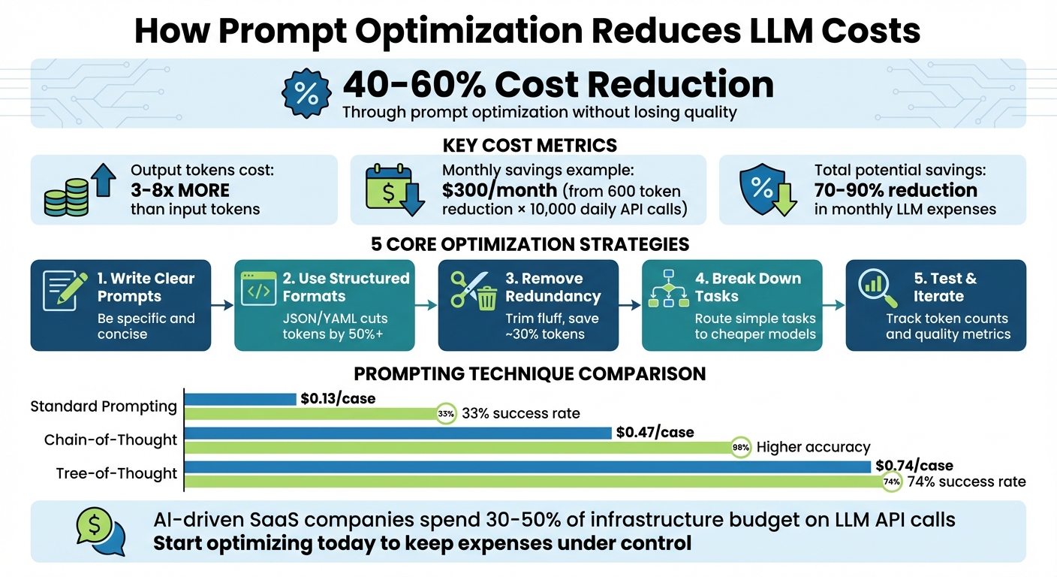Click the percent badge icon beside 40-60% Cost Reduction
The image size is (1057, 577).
[306, 94]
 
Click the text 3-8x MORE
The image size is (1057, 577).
[180, 190]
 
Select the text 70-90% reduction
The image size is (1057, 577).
[896, 190]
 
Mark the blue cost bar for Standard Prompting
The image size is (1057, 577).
[240, 399]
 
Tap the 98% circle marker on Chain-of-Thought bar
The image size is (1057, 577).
[740, 447]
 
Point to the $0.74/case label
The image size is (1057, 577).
[914, 466]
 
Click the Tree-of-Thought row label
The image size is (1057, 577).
[116, 474]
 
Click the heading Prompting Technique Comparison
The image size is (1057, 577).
[529, 373]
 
